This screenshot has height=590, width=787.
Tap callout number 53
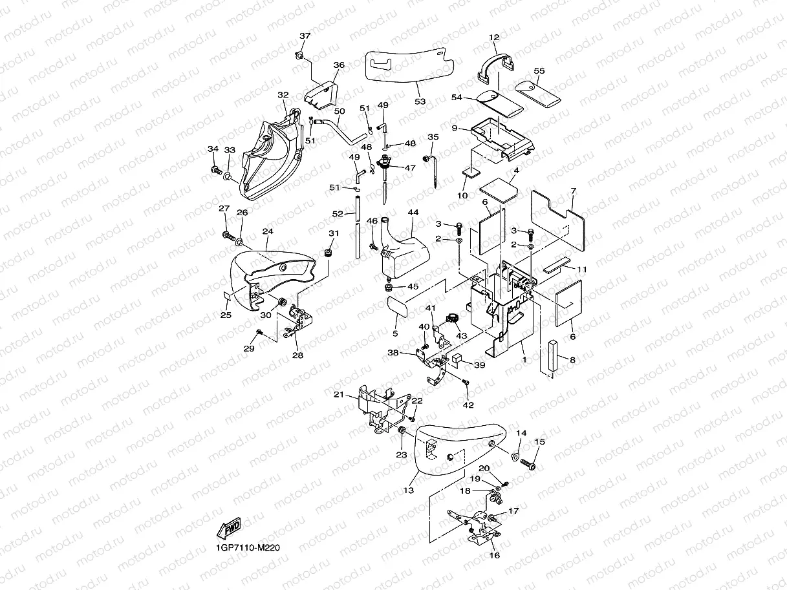point(420,101)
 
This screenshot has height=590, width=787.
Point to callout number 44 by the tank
point(413,213)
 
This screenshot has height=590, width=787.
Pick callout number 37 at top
point(305,36)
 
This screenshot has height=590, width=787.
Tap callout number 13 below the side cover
point(408,490)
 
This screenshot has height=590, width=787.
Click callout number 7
point(573,191)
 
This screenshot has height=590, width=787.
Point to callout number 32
point(283,95)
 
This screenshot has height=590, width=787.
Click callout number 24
point(268,231)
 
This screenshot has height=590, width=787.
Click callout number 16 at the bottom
point(495,554)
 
